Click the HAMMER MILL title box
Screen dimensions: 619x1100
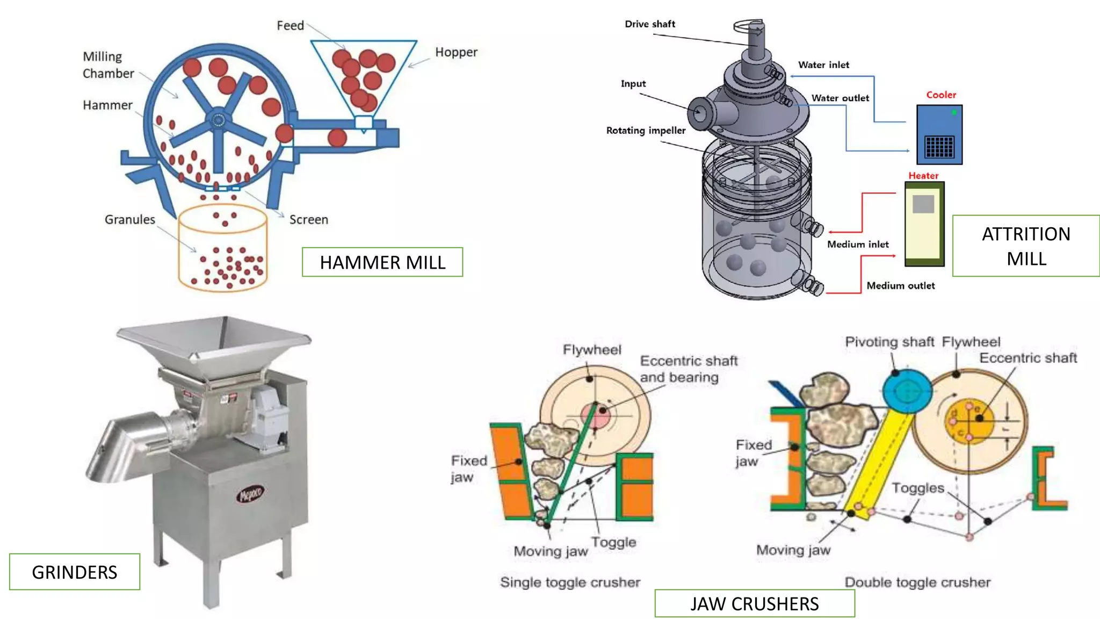point(382,262)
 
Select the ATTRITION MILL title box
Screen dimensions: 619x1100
point(1026,246)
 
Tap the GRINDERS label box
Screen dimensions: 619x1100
point(75,572)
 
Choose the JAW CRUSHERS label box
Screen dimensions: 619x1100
point(754,603)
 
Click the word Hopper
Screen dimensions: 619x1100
point(456,52)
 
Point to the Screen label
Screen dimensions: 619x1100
point(308,219)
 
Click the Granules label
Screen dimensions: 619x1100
point(129,219)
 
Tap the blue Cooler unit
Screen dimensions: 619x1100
point(939,134)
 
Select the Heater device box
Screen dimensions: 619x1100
point(924,224)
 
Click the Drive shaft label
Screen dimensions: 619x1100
point(650,24)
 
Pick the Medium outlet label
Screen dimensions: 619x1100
point(900,286)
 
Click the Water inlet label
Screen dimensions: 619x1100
point(823,65)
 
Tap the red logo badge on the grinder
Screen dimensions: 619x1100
point(250,493)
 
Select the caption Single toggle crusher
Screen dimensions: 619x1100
point(570,582)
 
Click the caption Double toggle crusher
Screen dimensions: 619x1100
point(917,582)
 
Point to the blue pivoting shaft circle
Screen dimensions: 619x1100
point(907,391)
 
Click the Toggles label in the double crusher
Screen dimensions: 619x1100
point(917,488)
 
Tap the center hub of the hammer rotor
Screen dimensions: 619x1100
point(218,120)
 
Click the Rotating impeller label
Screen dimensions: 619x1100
point(646,131)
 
